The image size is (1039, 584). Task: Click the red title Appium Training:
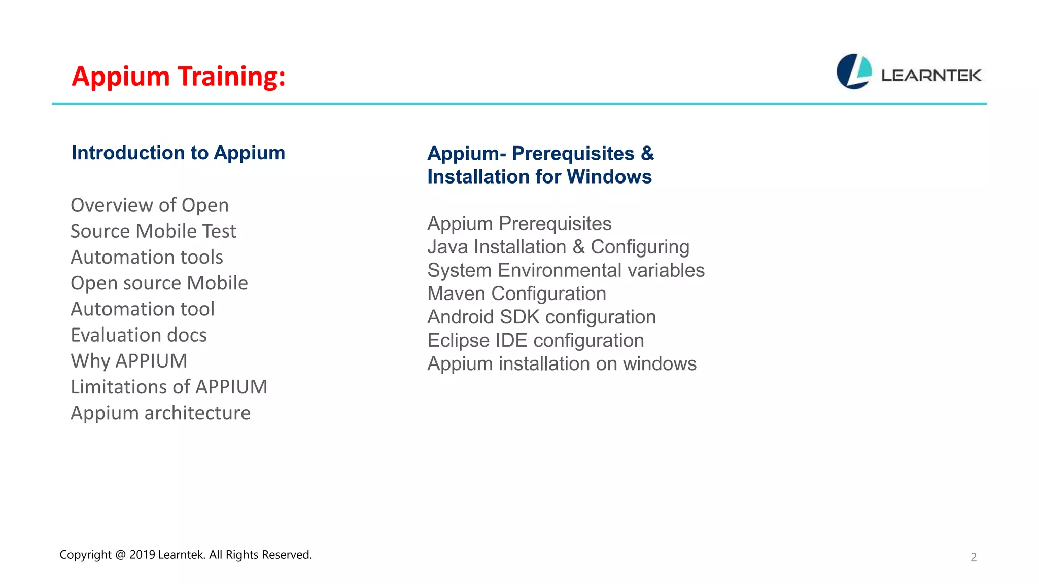click(x=179, y=77)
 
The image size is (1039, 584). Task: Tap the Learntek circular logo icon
click(x=854, y=71)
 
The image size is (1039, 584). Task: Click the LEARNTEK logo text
click(x=931, y=76)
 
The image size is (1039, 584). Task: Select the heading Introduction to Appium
click(x=178, y=153)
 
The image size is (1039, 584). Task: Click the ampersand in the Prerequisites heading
click(x=647, y=153)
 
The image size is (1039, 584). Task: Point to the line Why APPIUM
click(x=129, y=361)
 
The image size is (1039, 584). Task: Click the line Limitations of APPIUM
click(x=169, y=387)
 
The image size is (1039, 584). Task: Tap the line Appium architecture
click(x=160, y=413)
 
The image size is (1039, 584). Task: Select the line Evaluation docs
click(x=138, y=335)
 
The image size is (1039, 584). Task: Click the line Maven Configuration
click(x=516, y=294)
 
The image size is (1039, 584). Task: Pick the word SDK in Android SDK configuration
click(x=519, y=317)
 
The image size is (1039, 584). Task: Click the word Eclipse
click(x=459, y=340)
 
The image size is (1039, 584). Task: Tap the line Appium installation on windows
click(x=562, y=363)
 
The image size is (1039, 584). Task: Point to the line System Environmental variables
click(x=566, y=270)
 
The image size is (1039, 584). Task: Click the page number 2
click(x=973, y=557)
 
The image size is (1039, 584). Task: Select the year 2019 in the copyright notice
click(x=142, y=555)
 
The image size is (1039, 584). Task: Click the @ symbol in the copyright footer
click(x=120, y=555)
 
